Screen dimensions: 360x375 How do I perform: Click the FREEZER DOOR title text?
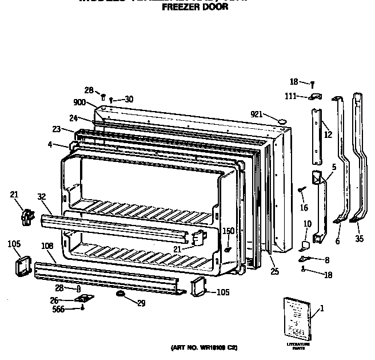(x=195, y=8)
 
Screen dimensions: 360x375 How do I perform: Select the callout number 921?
(x=256, y=114)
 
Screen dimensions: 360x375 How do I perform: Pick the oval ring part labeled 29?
(x=120, y=294)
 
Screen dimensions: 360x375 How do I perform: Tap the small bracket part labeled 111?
(x=314, y=97)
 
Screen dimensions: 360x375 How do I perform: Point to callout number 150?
(x=228, y=231)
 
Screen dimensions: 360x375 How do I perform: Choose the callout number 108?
(x=48, y=246)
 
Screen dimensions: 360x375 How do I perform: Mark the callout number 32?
(x=42, y=196)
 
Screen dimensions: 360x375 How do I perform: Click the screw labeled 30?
(x=111, y=100)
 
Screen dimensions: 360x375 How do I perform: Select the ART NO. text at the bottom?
(x=204, y=347)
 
